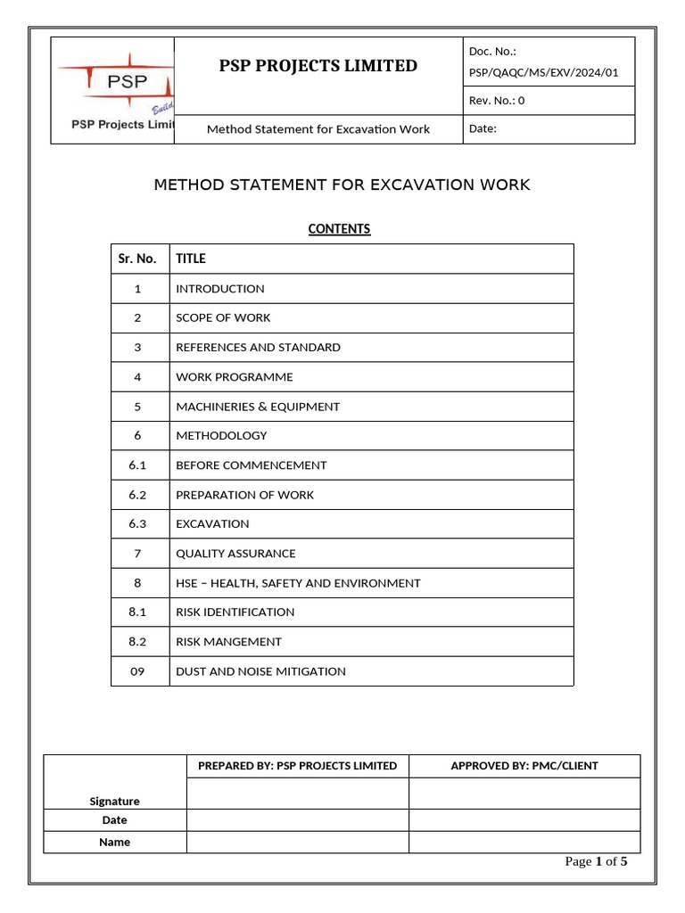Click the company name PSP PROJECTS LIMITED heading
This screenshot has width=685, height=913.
pos(318,66)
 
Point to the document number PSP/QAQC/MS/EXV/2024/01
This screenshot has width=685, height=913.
pos(543,72)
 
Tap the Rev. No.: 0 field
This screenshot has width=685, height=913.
pos(497,101)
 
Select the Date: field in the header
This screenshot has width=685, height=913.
pos(483,128)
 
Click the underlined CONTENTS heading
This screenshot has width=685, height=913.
pos(339,229)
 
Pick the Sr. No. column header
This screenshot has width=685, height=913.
pos(137,259)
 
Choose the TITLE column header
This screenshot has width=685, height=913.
pos(191,259)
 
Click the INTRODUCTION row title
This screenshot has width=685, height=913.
pos(220,289)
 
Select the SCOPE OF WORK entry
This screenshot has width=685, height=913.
pos(223,318)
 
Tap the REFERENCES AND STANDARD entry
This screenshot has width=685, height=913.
pos(258,348)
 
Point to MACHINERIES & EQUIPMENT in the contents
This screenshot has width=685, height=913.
pos(258,407)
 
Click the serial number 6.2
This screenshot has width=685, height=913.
pos(137,495)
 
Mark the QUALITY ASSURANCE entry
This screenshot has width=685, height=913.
pos(235,554)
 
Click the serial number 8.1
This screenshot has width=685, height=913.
pos(137,613)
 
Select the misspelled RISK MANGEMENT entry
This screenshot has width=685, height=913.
pos(228,642)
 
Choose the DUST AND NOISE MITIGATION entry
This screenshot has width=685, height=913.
pos(260,671)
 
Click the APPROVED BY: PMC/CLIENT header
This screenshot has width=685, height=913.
pos(524,766)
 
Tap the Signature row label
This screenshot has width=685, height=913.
pos(115,801)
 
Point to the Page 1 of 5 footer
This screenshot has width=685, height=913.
pos(597,861)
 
